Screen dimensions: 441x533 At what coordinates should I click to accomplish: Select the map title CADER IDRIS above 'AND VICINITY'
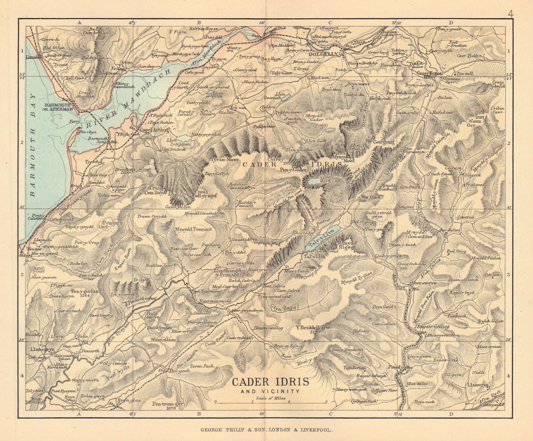pos(270,382)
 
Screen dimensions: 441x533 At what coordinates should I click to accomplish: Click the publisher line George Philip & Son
pos(266,430)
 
